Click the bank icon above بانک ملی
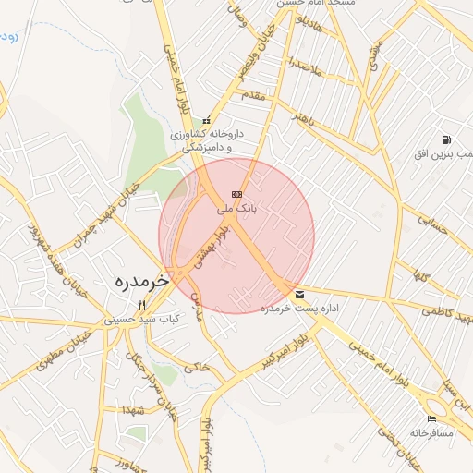236,194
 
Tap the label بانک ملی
235,210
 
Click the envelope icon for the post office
299,295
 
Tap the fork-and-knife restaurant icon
141,305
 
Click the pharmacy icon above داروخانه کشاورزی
206,119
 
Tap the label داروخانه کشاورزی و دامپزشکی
205,139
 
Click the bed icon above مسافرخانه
432,419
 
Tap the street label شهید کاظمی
447,316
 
